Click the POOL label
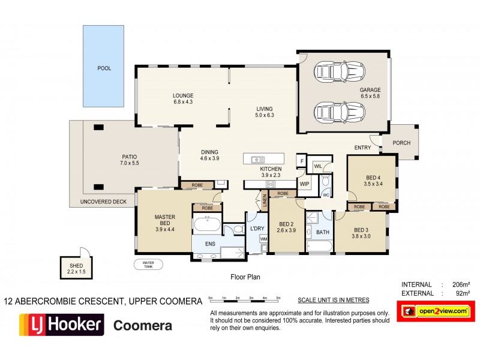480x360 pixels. tap(104, 68)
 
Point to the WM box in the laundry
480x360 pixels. tap(263, 239)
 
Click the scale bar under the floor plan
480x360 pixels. tap(244, 298)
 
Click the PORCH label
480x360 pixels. tap(401, 143)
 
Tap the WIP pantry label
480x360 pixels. tap(304, 184)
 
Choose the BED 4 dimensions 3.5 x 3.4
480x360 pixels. tap(373, 185)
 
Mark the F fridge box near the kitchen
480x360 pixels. tap(302, 161)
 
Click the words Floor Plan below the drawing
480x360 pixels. tap(245, 277)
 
